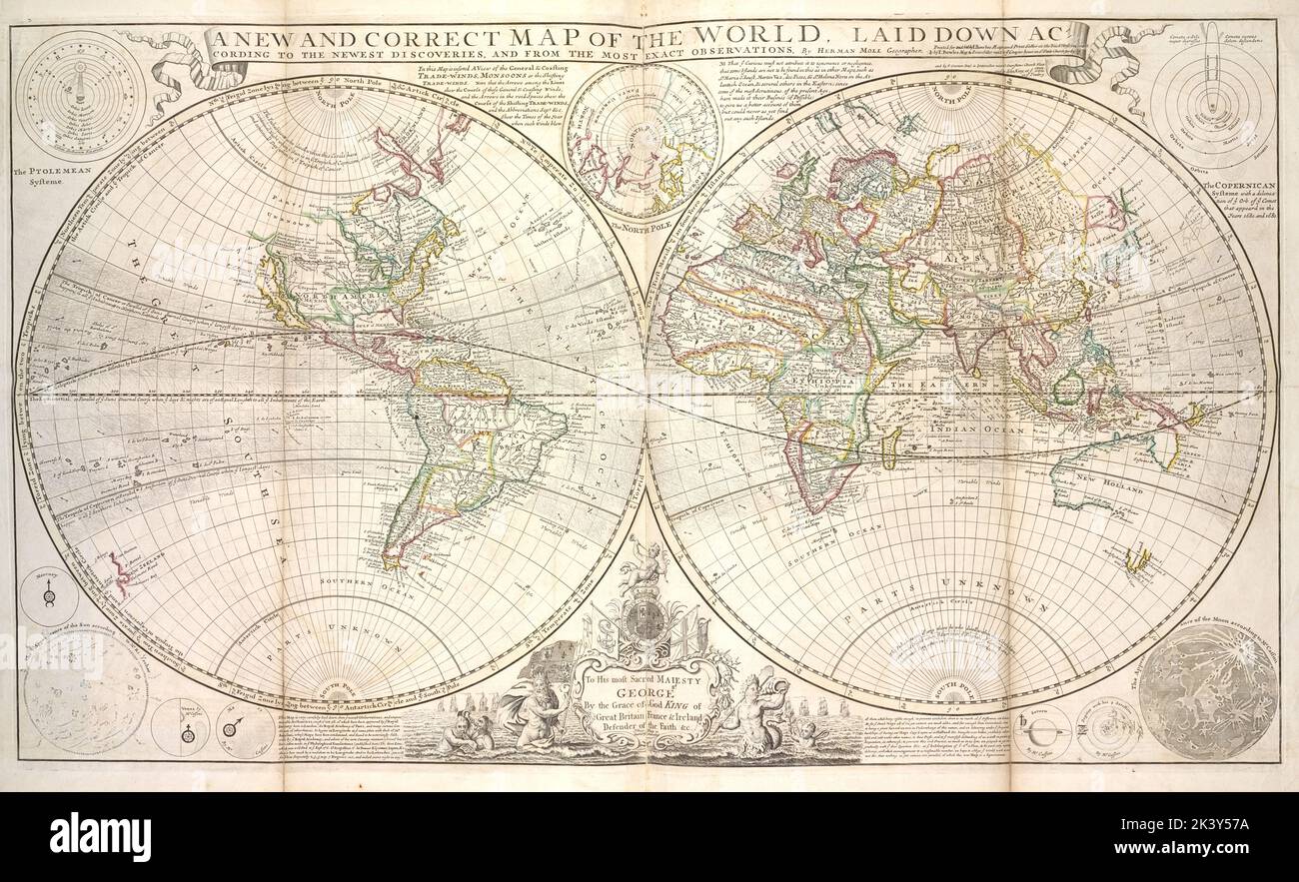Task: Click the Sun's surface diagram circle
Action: coord(82,689)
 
